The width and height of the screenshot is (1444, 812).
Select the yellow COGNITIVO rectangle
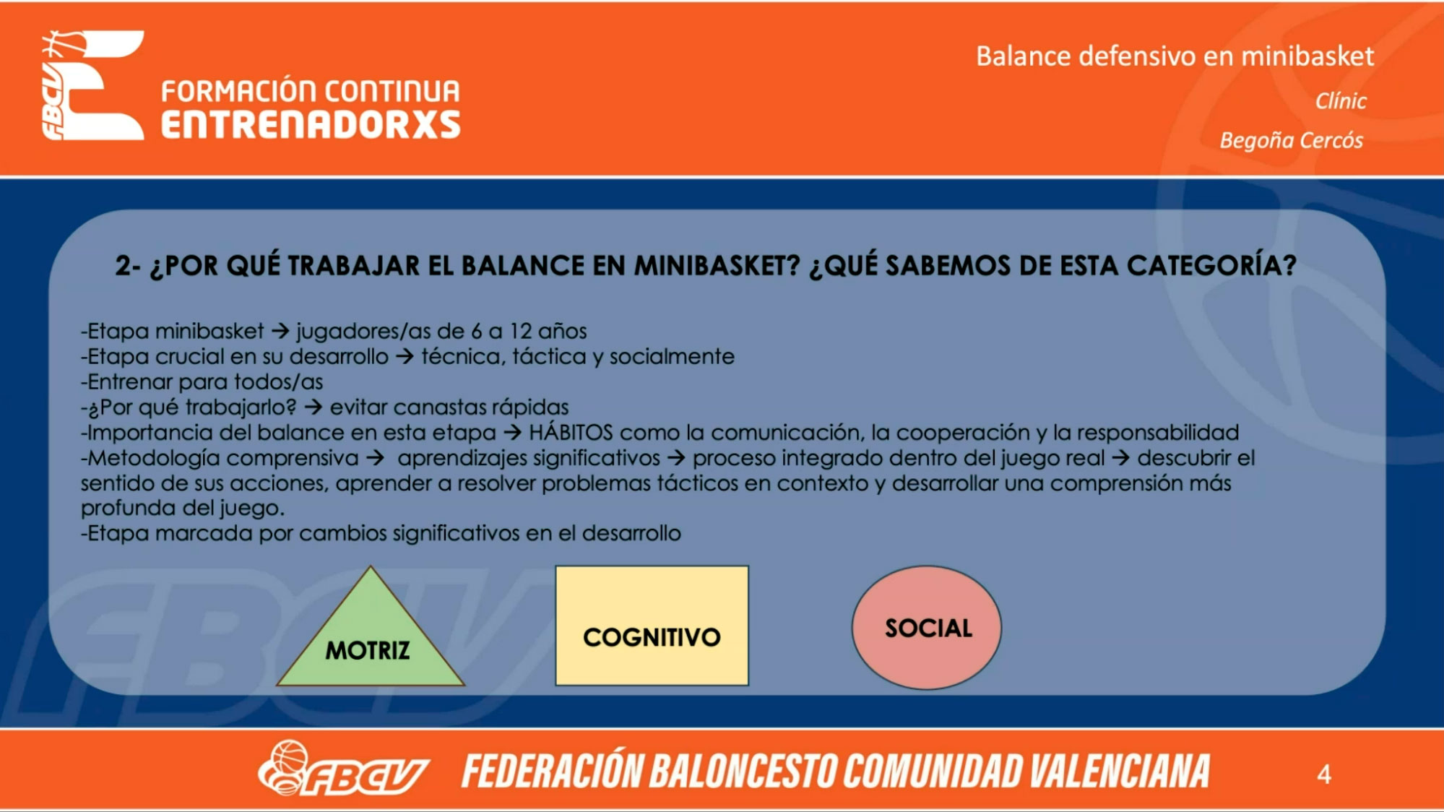tap(652, 626)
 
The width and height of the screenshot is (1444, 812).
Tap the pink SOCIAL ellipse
tap(927, 627)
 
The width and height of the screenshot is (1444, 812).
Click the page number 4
tap(1324, 774)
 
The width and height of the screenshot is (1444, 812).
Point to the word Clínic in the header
tap(1341, 101)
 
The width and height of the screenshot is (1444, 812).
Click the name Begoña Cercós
tap(1292, 140)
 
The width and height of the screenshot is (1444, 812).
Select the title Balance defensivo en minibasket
tap(1175, 56)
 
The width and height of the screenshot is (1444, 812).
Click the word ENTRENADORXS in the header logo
tap(311, 125)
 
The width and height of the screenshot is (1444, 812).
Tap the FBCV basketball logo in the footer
tap(343, 769)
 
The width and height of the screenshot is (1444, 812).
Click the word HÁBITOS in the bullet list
tap(571, 432)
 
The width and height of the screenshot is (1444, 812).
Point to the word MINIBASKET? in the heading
tap(717, 266)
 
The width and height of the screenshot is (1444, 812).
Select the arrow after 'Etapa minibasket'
tap(280, 332)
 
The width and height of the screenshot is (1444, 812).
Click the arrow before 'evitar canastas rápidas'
tap(313, 407)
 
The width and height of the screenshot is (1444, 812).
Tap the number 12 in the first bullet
tap(521, 331)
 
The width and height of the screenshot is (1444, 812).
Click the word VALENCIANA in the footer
tap(1120, 771)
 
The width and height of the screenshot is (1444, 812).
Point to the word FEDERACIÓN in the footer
tap(552, 770)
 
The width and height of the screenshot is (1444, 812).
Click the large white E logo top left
tap(93, 85)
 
